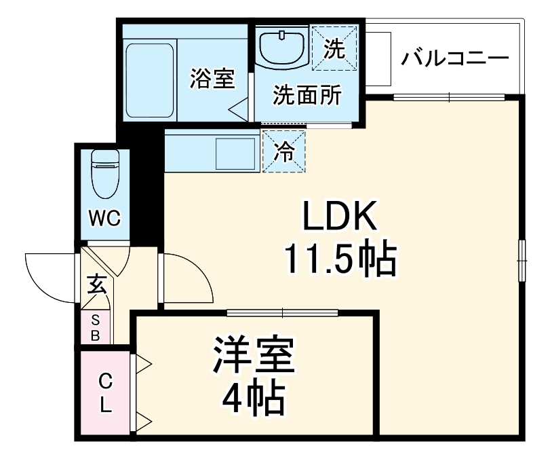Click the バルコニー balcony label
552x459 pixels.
coord(454,57)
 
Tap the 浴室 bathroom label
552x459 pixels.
coord(212,79)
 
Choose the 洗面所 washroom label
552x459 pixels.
coord(307,96)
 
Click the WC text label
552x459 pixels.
coord(105,219)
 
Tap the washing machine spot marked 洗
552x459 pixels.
coord(334,48)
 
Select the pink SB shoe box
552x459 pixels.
coord(95,327)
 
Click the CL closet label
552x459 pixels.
coord(105,392)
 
